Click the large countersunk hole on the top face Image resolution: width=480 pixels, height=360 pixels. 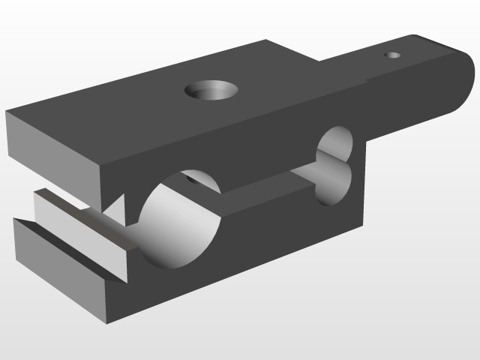coord(211,91)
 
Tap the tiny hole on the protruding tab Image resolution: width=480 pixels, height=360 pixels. coord(393,55)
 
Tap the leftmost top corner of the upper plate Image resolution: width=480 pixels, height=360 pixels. coord(7,112)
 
